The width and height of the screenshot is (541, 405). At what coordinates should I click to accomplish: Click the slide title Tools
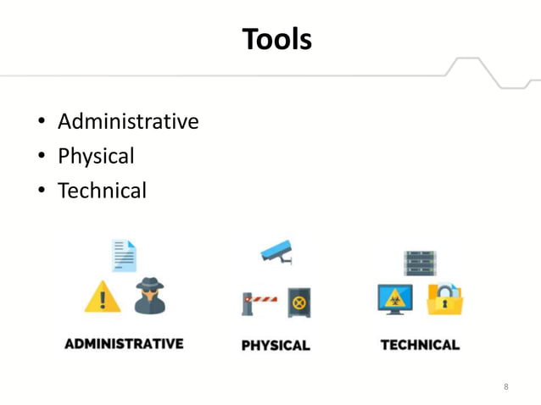276,39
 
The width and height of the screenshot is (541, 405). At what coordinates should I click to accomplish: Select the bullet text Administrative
128,122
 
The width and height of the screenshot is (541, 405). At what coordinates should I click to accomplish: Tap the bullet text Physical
96,157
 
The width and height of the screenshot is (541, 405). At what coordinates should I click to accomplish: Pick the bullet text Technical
102,191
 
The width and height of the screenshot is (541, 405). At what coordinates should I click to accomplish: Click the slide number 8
506,387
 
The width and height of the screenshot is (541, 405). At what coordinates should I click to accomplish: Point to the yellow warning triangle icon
102,297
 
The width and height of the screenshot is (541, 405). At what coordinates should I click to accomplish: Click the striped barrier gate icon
259,302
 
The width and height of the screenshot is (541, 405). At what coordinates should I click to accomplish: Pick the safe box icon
299,302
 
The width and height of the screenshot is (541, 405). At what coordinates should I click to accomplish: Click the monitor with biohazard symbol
394,299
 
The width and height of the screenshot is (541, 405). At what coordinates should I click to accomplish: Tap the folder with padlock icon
444,299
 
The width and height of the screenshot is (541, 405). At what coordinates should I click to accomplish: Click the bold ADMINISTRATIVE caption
124,344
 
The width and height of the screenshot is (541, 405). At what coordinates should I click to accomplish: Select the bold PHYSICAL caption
276,345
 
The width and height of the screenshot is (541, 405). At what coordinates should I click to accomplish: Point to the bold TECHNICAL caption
420,345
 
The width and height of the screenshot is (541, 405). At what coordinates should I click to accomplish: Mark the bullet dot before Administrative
40,124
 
